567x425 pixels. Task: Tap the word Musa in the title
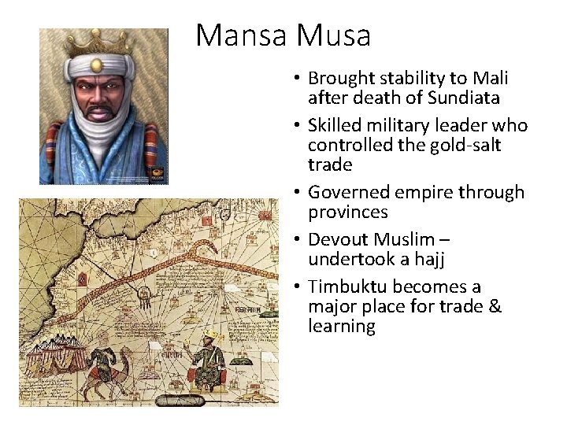[333, 35]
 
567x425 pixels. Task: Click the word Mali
[490, 78]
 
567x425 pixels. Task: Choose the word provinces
[347, 212]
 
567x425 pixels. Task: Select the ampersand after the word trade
[495, 306]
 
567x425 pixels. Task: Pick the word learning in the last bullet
[342, 326]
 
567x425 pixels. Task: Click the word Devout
[336, 238]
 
